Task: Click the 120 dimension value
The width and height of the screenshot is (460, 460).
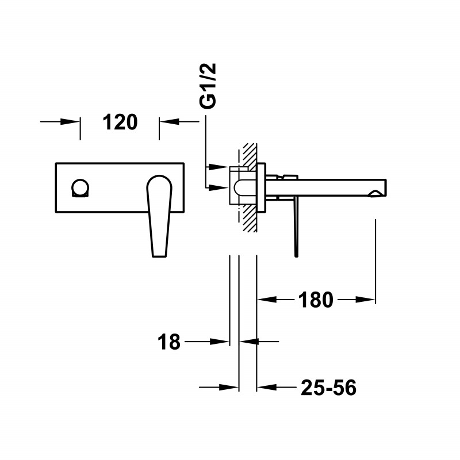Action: (120, 122)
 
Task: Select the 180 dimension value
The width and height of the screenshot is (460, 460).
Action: (316, 300)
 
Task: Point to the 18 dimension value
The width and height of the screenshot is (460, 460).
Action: (169, 342)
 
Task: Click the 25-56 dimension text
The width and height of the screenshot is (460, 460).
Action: (328, 389)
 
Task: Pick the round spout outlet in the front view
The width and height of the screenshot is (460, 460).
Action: (80, 188)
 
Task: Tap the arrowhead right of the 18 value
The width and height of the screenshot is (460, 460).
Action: (247, 342)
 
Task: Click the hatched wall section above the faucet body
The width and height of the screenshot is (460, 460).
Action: (249, 154)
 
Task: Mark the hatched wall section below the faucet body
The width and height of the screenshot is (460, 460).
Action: (249, 218)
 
